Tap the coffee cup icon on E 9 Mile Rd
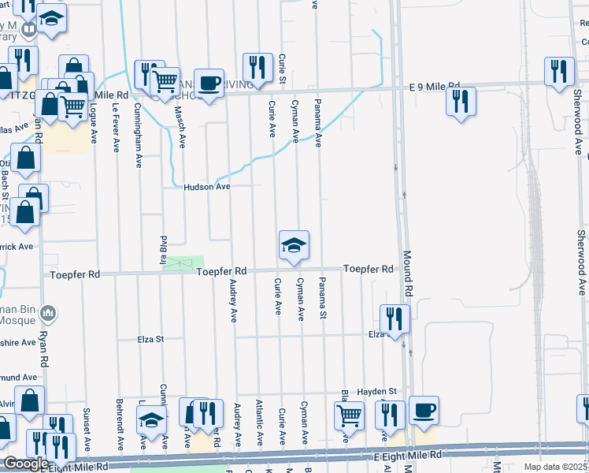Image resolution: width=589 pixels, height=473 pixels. (209, 84)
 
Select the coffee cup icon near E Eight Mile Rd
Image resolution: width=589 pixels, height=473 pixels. (424, 410)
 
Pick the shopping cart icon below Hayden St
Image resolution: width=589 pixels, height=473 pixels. (349, 415)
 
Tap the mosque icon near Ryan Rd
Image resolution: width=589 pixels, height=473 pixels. (49, 315)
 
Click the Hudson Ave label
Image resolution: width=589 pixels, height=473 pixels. (207, 187)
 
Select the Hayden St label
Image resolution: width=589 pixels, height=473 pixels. (376, 391)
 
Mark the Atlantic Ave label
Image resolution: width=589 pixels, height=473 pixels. (259, 422)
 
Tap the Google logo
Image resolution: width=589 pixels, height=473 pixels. (26, 463)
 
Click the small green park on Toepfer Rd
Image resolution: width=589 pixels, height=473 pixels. (183, 263)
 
